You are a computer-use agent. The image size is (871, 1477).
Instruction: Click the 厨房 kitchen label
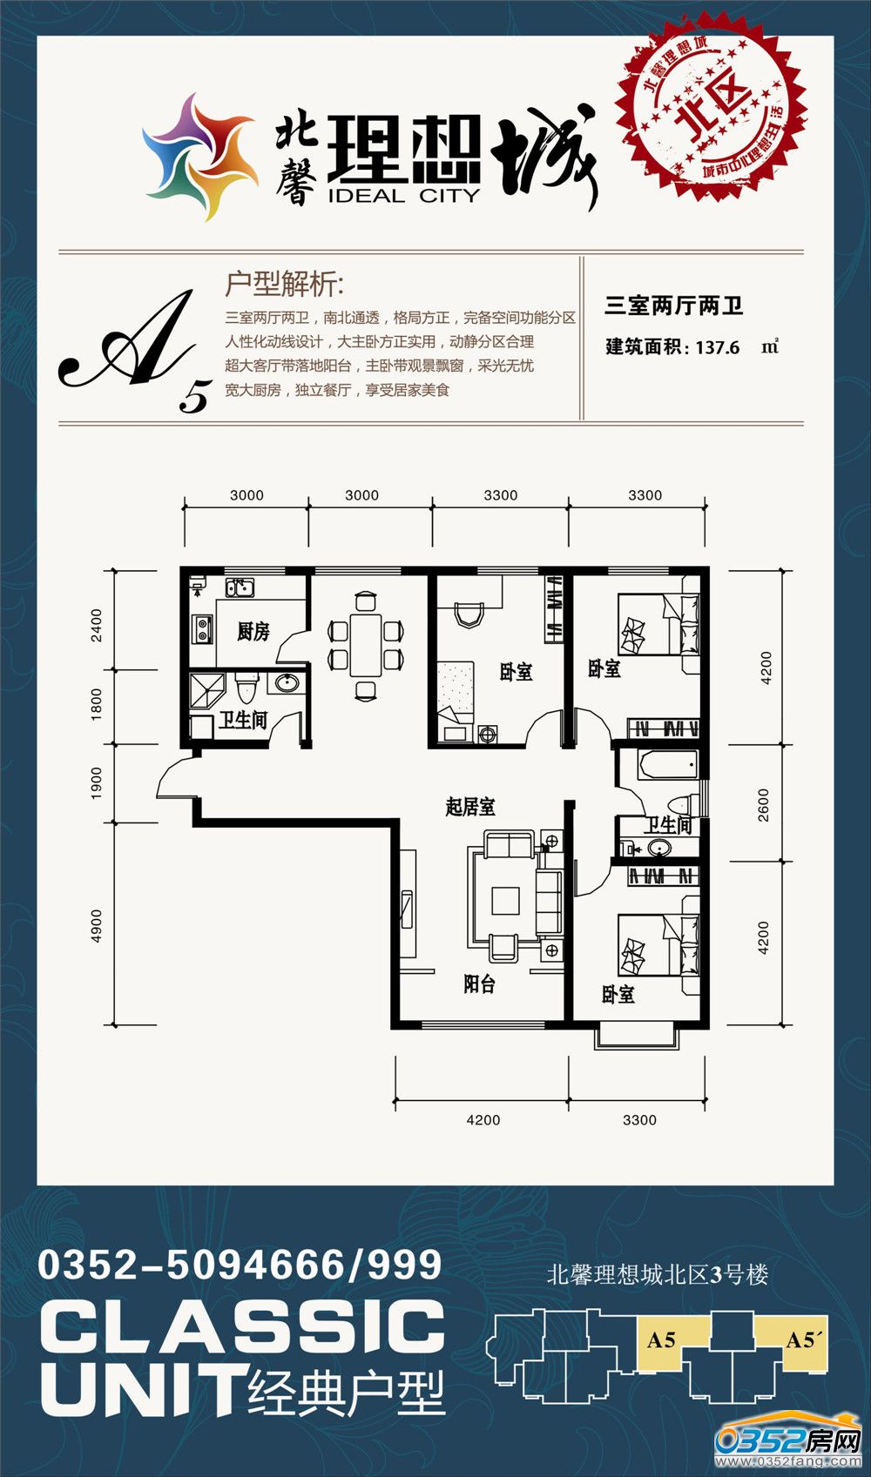tap(253, 631)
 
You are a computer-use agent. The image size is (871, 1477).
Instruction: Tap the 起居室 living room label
tap(469, 806)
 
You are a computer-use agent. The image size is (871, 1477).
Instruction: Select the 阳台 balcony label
tap(479, 984)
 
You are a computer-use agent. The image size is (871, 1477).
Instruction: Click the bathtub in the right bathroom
tap(668, 765)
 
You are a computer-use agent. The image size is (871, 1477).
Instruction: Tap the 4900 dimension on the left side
tap(97, 926)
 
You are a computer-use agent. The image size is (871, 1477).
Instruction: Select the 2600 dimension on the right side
tap(764, 805)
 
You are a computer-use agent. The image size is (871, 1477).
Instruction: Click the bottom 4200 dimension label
tap(483, 1119)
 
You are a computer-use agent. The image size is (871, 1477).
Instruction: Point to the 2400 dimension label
tap(97, 626)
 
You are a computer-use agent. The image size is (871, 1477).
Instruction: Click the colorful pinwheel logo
tap(200, 157)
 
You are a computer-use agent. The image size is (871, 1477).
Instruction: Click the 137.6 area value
tap(717, 347)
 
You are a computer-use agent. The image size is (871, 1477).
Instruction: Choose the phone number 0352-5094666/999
tap(240, 1265)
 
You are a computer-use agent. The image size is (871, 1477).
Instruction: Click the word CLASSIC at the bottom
tap(242, 1326)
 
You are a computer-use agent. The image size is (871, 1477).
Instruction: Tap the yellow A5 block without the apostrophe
tap(661, 1339)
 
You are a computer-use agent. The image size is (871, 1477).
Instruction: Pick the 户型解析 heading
tap(285, 285)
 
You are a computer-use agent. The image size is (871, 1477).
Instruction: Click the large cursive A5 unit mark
tap(136, 351)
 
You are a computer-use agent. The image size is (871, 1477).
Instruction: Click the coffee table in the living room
tap(505, 901)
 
